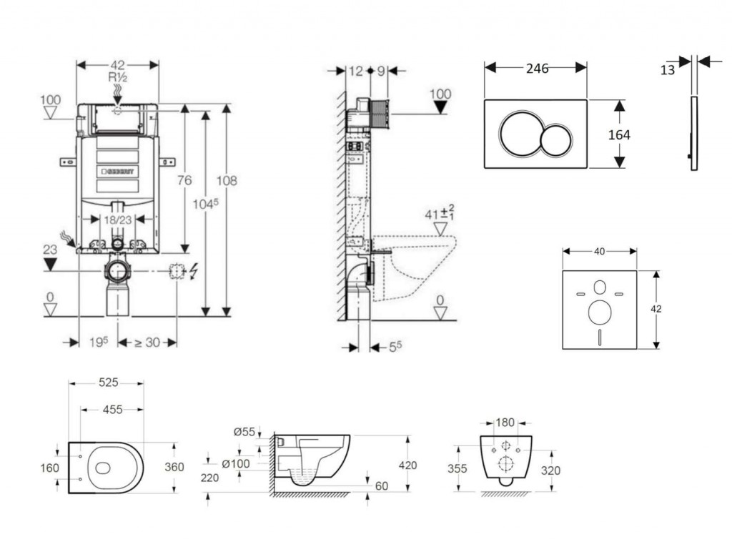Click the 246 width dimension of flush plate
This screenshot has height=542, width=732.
tap(537, 69)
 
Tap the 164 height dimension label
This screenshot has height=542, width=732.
tap(619, 134)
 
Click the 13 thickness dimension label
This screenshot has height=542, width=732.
tap(667, 69)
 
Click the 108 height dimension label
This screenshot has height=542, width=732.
tap(227, 181)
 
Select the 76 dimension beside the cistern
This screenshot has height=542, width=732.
tap(184, 181)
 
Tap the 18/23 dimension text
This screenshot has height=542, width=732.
tap(116, 220)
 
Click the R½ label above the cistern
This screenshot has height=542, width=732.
tap(117, 77)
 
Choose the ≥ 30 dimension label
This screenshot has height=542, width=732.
tap(147, 343)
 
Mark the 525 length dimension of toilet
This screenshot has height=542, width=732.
tap(107, 383)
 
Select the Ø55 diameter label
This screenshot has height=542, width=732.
tap(244, 431)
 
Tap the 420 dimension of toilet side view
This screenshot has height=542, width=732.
tap(407, 465)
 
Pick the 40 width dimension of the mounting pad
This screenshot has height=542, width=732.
tap(599, 251)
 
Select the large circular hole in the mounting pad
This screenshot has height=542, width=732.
tap(599, 312)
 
